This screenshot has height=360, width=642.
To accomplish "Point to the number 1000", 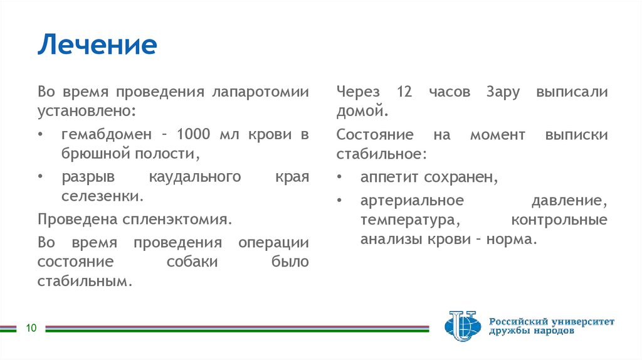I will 196,134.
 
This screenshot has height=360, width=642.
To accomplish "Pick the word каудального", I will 195,177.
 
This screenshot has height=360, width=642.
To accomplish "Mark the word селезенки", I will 102,196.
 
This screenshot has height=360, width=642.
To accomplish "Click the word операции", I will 273,243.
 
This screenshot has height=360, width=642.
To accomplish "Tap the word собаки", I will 192,262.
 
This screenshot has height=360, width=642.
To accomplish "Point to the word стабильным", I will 85,281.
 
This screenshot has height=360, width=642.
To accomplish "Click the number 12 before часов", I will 404,92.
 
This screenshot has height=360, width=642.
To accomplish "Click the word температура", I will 406,220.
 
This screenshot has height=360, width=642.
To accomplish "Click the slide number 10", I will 31,329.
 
